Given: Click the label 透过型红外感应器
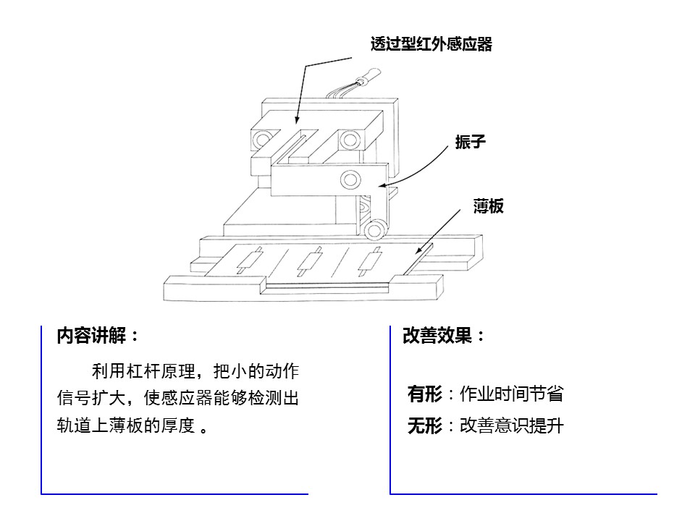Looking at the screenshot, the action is pyautogui.click(x=431, y=44).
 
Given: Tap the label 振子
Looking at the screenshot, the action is pyautogui.click(x=470, y=142).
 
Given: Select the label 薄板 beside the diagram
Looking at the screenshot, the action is pyautogui.click(x=488, y=206).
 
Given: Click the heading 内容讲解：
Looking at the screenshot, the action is pyautogui.click(x=98, y=335).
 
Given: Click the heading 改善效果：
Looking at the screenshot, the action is pyautogui.click(x=443, y=335).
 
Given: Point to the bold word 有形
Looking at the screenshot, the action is pyautogui.click(x=425, y=394).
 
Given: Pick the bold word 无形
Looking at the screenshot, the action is pyautogui.click(x=425, y=425).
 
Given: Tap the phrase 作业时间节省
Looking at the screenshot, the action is pyautogui.click(x=512, y=394).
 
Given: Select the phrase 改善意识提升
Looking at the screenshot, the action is pyautogui.click(x=512, y=425).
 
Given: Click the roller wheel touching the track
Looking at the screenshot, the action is pyautogui.click(x=375, y=230).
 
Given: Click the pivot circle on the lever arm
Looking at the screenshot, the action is pyautogui.click(x=350, y=179).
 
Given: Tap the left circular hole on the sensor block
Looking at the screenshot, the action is pyautogui.click(x=261, y=140).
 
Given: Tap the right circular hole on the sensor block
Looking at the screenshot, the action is pyautogui.click(x=350, y=140).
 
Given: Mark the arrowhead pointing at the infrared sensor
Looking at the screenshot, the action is pyautogui.click(x=297, y=119).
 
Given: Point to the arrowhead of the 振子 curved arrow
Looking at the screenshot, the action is pyautogui.click(x=382, y=186).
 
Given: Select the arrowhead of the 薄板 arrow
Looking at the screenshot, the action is pyautogui.click(x=418, y=250).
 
